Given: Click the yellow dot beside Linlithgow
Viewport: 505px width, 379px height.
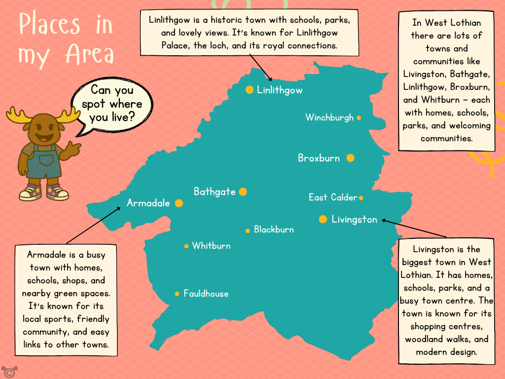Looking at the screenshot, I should (250, 90).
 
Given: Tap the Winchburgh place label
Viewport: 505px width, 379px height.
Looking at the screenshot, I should (329, 117).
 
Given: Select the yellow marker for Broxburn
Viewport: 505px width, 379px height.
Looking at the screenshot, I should (350, 158).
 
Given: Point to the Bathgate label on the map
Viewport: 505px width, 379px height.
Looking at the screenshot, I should (215, 192).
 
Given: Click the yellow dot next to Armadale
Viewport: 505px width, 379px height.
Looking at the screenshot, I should (179, 203).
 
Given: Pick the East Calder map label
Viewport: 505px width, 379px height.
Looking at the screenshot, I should (332, 197).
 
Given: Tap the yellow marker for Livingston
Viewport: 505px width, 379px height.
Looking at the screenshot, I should (323, 219).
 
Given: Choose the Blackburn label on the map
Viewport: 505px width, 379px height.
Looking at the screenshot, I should (274, 230).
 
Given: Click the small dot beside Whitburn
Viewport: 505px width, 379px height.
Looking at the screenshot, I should (186, 246).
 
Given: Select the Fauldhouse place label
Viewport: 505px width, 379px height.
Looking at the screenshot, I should (206, 294).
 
